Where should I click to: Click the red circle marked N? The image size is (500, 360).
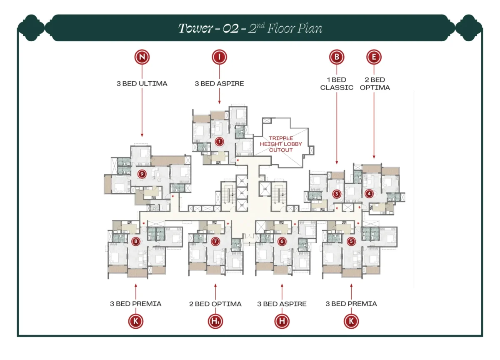click(x=142, y=57)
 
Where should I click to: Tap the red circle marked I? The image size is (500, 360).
click(x=219, y=57)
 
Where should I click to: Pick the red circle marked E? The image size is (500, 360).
click(x=374, y=57)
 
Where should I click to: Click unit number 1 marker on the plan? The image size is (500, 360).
click(x=219, y=142)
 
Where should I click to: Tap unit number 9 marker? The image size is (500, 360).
click(x=142, y=174)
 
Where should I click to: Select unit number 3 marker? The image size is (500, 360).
click(x=337, y=193)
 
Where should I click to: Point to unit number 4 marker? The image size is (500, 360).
click(x=368, y=193)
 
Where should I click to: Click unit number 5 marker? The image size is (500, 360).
click(x=351, y=241)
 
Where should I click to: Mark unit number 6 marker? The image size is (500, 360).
click(x=282, y=241)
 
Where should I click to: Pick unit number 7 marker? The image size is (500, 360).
click(x=215, y=241)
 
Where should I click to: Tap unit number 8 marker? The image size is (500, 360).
click(x=135, y=241)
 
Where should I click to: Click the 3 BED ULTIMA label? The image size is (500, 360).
click(x=142, y=83)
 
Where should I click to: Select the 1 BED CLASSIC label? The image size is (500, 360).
click(x=337, y=83)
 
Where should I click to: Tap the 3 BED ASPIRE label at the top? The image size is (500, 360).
click(x=219, y=83)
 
